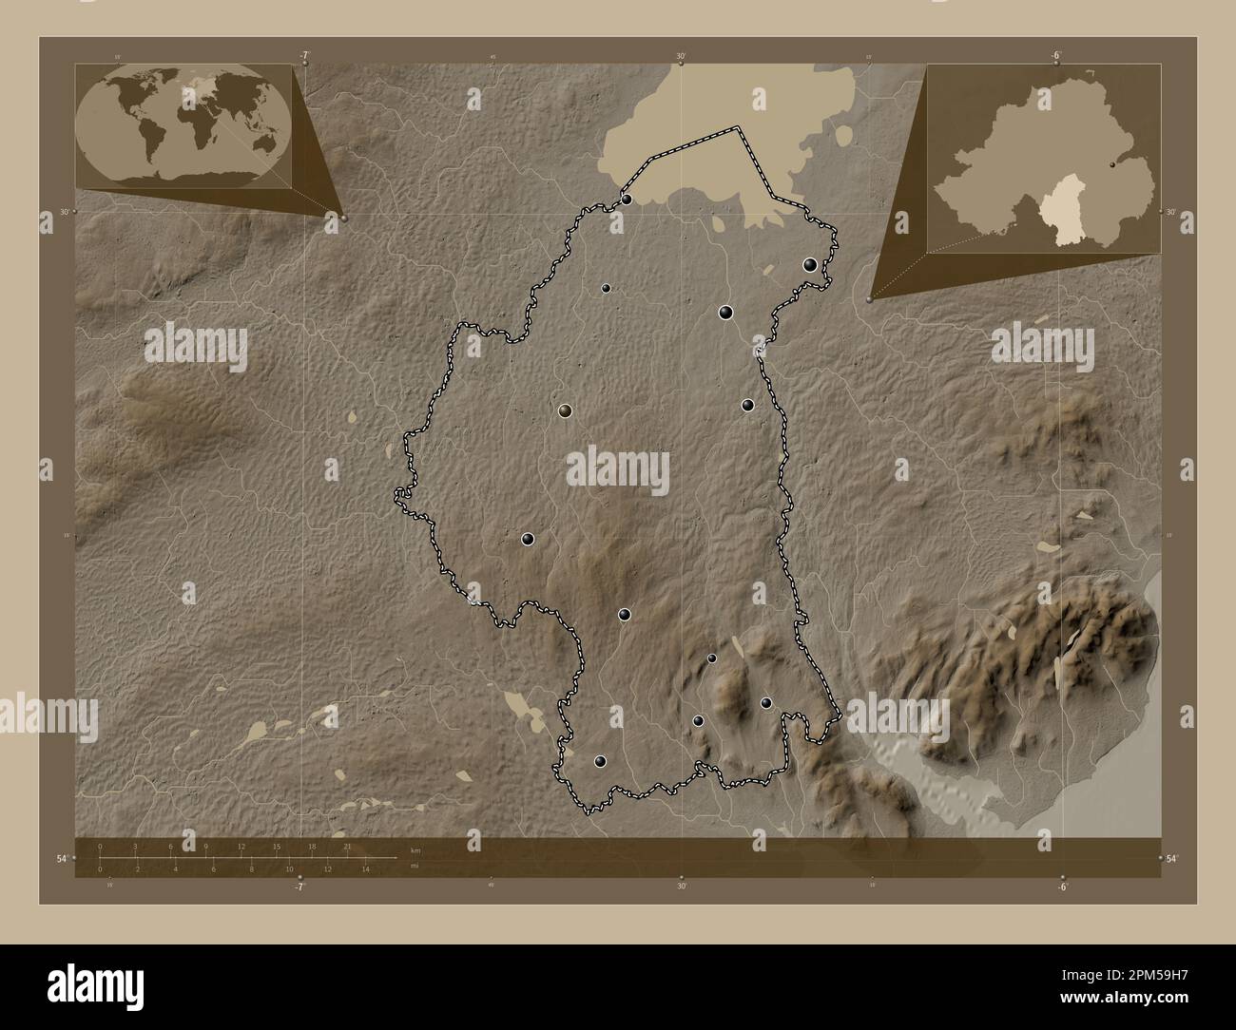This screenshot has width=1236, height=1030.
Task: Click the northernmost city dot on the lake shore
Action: [x=628, y=199]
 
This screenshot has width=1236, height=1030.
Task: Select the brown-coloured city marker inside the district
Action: [x=566, y=410]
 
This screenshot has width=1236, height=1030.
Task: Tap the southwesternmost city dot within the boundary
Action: [x=600, y=761]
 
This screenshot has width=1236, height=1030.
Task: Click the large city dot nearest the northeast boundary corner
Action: [x=810, y=265]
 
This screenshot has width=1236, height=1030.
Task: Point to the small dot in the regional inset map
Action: [x=1113, y=164]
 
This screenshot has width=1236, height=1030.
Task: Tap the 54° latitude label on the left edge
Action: [x=61, y=859]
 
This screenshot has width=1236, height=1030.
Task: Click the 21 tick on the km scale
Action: [x=347, y=846]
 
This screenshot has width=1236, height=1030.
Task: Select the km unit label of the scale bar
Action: [x=415, y=849]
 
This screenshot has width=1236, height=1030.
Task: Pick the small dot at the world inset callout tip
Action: [x=344, y=219]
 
